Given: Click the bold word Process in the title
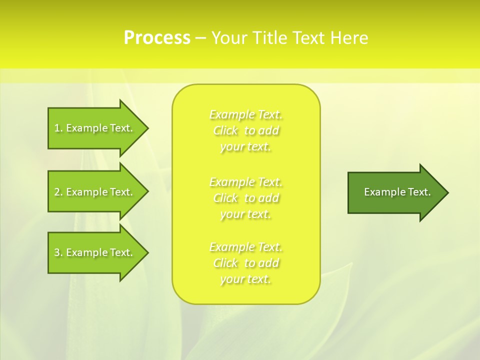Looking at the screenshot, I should (x=157, y=38).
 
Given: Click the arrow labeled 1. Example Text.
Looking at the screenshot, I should (x=95, y=128).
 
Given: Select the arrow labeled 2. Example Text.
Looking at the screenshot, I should (x=95, y=192).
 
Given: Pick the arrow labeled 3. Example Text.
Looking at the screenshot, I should (x=95, y=252).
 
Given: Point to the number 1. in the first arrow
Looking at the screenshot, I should (x=58, y=128).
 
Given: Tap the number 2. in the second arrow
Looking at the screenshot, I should (x=58, y=192).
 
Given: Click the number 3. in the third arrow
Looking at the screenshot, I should (x=58, y=252).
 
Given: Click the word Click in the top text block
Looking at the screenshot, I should (x=225, y=131).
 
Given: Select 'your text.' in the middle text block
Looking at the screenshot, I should (x=245, y=214).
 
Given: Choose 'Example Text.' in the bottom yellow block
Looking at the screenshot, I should (x=245, y=247).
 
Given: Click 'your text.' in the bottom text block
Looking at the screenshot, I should (x=245, y=279).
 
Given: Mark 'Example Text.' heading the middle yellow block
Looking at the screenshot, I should (x=245, y=182).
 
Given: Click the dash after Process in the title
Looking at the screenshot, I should (x=200, y=38).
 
